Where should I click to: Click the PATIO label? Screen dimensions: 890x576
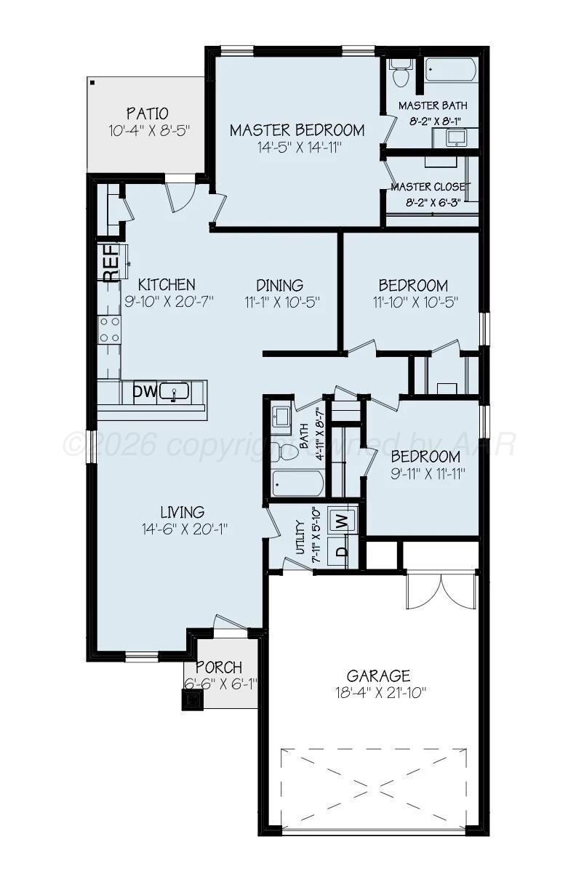coord(148,114)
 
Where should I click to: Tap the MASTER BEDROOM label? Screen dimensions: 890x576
coord(297,131)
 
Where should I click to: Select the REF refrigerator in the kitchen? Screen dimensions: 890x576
coord(111,264)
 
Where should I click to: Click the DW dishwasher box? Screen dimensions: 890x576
coord(145,393)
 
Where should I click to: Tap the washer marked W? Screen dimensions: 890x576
coord(340,521)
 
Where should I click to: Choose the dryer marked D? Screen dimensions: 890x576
coord(340,550)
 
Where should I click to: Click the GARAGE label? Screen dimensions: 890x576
coord(378,675)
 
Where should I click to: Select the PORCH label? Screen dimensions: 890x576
coord(219,667)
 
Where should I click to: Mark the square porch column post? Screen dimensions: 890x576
coord(193,699)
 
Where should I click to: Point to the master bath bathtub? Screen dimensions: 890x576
coord(451,71)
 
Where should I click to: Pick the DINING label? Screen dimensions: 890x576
coord(280,286)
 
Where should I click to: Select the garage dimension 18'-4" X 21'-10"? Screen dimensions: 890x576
coord(378,692)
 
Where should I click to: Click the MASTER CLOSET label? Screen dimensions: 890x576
coord(431,187)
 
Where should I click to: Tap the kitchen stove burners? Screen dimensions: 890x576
coord(109,329)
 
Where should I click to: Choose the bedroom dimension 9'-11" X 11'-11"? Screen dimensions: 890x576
coord(425,473)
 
